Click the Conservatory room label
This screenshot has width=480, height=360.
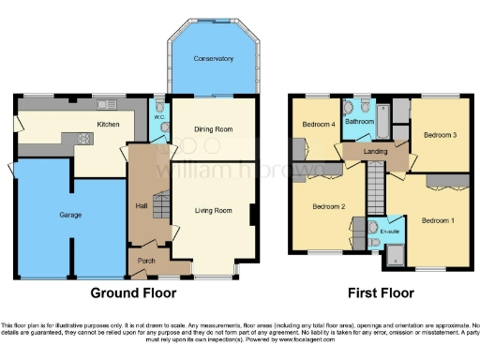(213, 59)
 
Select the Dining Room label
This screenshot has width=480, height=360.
(213, 130)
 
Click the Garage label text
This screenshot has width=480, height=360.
(70, 215)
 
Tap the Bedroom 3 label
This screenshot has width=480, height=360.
(440, 135)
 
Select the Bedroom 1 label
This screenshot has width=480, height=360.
(437, 220)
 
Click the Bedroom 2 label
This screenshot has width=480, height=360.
(329, 206)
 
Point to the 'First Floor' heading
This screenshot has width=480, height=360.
(382, 292)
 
